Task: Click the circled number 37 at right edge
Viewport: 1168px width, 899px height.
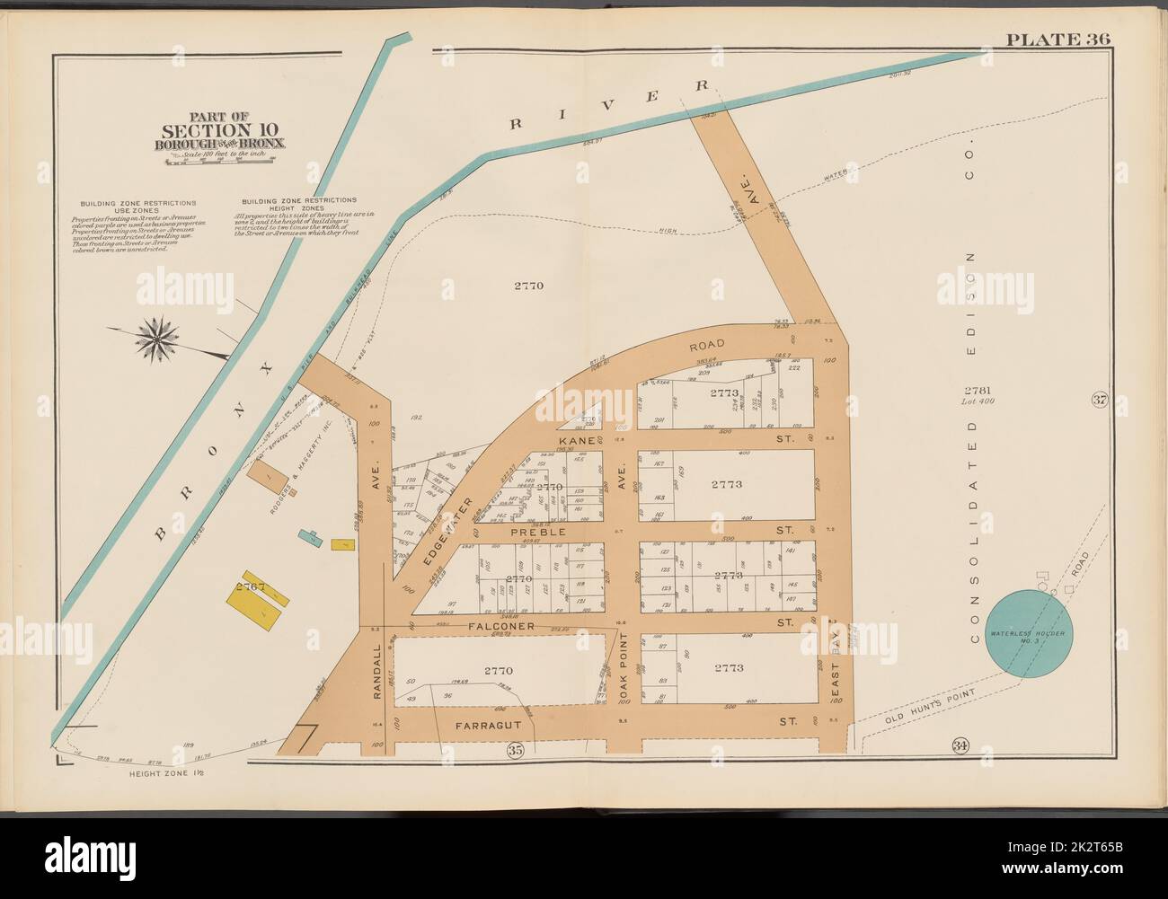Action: (x=1098, y=400)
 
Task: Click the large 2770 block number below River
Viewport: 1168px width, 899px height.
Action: (x=529, y=286)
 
